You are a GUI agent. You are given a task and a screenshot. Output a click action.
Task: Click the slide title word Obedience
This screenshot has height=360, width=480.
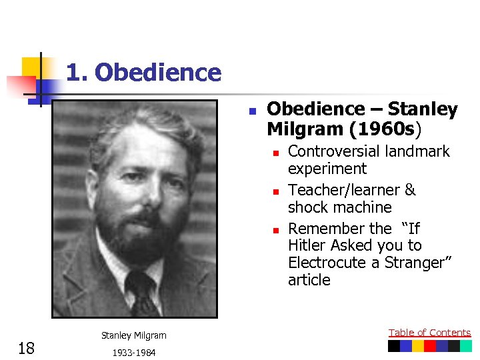pos(158,72)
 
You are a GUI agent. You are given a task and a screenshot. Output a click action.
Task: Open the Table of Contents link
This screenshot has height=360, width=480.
pos(429,332)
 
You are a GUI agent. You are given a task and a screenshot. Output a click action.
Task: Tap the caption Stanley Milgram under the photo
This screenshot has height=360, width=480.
pos(134,335)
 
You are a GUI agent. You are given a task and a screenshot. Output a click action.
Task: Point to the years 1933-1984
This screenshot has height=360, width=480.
pos(134,353)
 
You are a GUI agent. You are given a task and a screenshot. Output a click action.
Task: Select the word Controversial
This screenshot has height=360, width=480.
pos(331,151)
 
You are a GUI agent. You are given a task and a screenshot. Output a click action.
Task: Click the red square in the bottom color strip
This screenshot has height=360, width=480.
pos(430,346)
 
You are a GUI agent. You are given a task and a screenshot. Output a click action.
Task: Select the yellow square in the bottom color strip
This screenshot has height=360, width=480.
pos(417,346)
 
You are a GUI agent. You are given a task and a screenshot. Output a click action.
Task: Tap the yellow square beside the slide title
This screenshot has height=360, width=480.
pos(31,67)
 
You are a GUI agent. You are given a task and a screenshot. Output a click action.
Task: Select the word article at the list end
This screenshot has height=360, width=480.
pos(309,280)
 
